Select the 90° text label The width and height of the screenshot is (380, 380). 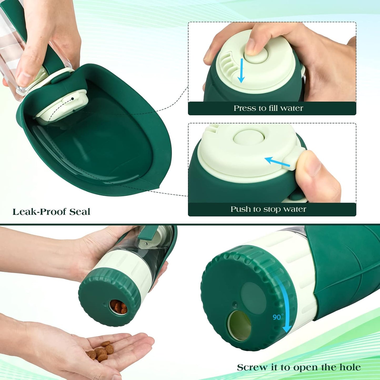[278, 317]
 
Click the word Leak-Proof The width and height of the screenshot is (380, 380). [39, 212]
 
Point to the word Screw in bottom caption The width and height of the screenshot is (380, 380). [252, 367]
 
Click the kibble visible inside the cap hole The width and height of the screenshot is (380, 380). [119, 307]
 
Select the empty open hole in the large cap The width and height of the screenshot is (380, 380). [239, 325]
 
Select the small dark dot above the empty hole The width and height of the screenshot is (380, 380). [235, 305]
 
